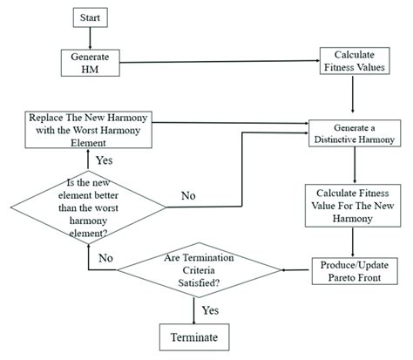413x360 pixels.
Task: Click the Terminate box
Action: coord(199,336)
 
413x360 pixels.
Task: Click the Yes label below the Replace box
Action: coord(103,160)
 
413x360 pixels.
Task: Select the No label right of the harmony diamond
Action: coord(186,195)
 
